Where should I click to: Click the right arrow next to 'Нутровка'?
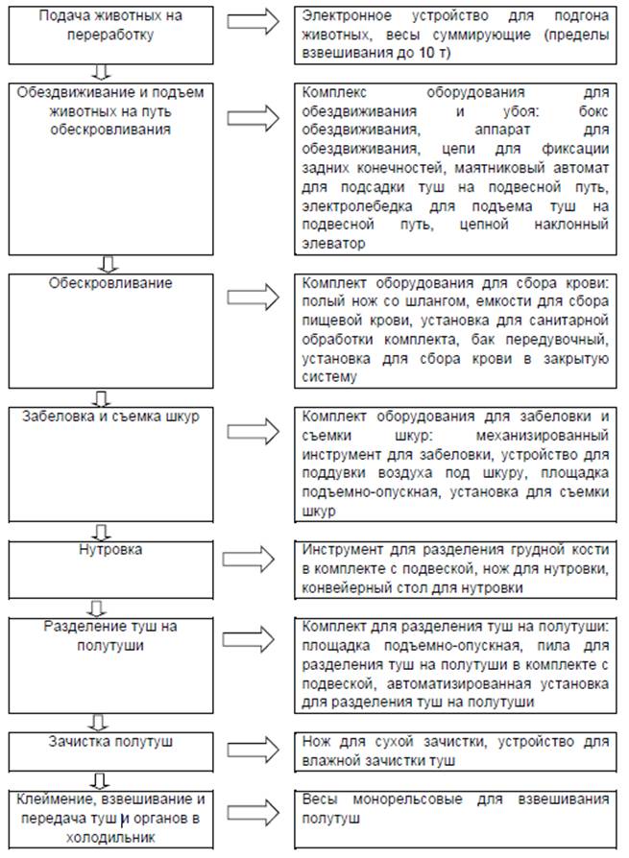click(250, 558)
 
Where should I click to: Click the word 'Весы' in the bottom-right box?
click(319, 798)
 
